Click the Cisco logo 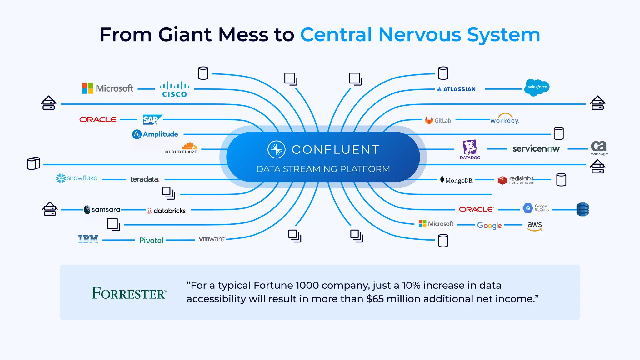(174, 89)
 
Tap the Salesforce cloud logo (537, 87)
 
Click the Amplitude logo (155, 134)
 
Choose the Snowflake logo (77, 178)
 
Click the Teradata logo (145, 179)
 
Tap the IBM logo (88, 239)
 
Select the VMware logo (212, 239)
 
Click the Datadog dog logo (470, 148)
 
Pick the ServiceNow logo (536, 149)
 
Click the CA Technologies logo (599, 147)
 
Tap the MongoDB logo (457, 180)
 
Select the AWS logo (535, 226)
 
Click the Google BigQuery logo (536, 208)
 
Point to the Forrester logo (129, 293)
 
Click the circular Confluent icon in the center (277, 149)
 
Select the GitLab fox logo (429, 120)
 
